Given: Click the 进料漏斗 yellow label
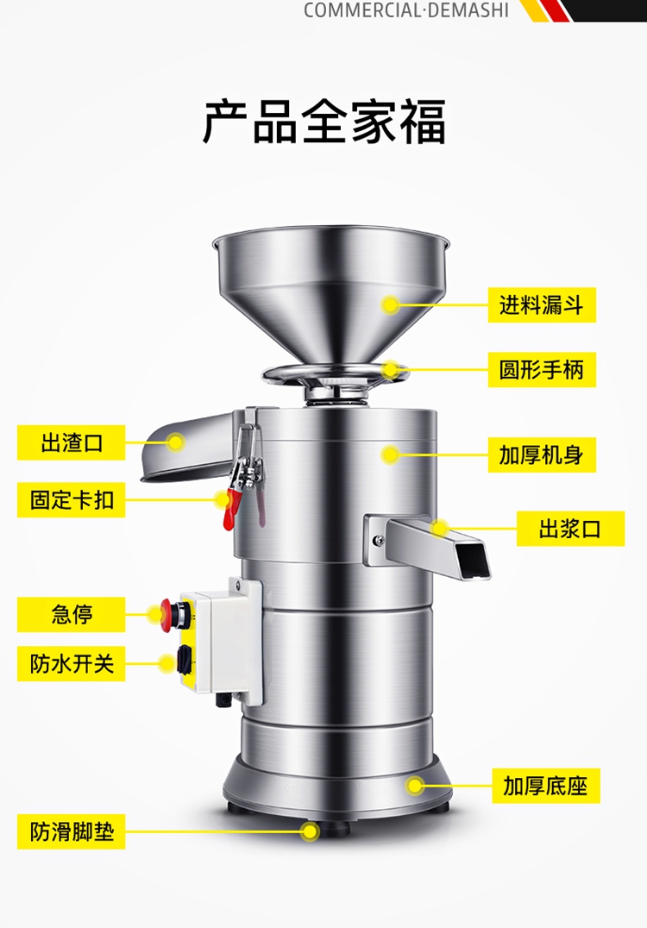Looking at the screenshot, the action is (542, 304).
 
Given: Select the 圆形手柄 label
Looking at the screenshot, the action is (542, 370).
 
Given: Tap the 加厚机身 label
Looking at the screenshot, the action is (542, 455).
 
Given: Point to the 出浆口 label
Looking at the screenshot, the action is (570, 529).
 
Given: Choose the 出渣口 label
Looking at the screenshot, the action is (71, 442).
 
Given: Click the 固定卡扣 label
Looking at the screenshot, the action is (71, 500).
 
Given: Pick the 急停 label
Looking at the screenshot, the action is (71, 614).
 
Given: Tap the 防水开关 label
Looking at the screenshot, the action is (71, 663).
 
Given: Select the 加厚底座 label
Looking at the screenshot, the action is (546, 786).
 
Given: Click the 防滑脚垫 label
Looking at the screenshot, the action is (71, 831).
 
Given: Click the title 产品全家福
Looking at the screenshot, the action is (323, 122).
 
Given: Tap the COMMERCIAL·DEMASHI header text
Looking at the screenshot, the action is (406, 10).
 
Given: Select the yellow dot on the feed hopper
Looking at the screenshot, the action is (390, 304).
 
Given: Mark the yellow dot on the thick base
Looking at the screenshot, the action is (415, 786).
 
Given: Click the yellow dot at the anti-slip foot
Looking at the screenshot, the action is (310, 831).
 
